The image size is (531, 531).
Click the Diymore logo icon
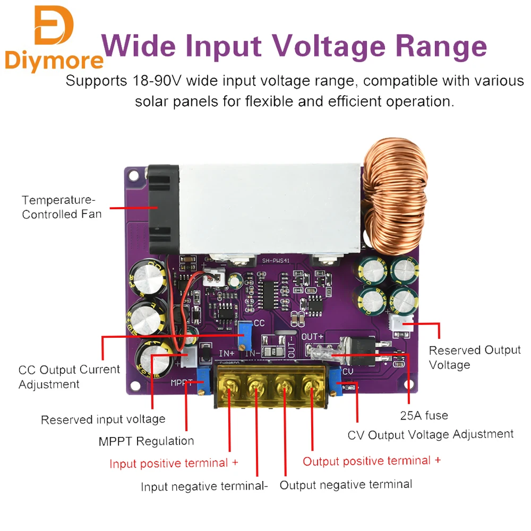[x=54, y=25]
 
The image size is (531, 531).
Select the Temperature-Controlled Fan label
[x=62, y=207]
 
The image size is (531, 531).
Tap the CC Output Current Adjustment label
[x=69, y=376]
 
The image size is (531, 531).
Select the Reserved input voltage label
[x=103, y=419]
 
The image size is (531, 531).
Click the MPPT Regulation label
[x=146, y=441]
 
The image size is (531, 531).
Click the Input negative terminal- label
[x=204, y=486]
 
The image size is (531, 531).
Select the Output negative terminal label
[x=346, y=484]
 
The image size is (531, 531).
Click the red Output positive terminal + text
[x=372, y=461]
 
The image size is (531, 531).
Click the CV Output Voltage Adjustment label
[x=431, y=435]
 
